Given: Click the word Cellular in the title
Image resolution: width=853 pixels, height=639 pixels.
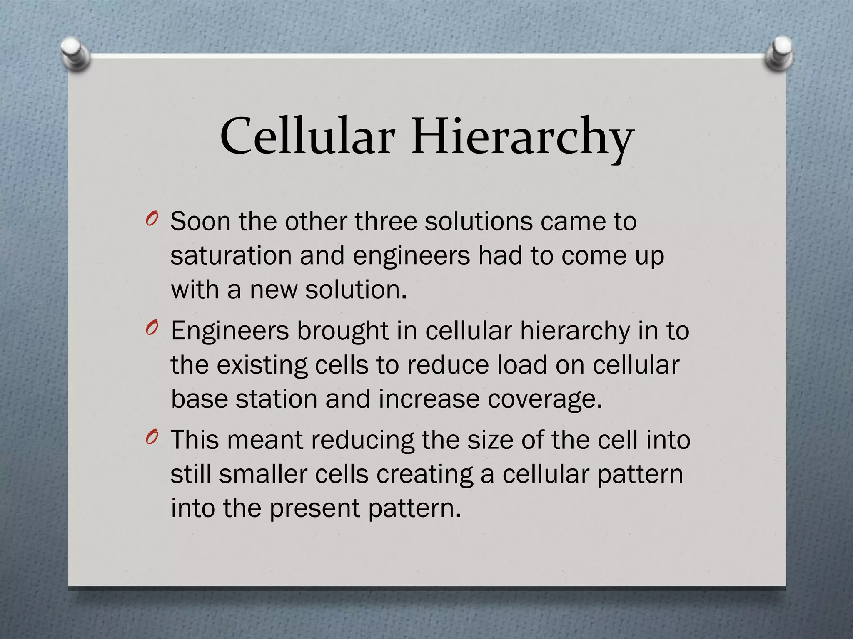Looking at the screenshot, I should [307, 136].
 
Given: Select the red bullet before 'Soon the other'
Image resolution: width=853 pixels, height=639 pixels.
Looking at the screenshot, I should [152, 219].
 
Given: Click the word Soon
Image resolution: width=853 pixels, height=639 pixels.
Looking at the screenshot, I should [200, 221].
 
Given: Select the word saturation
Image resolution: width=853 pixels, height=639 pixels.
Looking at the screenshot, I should [231, 255].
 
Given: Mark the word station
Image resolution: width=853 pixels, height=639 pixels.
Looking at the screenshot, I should [276, 399].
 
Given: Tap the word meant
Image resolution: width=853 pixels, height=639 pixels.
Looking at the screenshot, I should [265, 440].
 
